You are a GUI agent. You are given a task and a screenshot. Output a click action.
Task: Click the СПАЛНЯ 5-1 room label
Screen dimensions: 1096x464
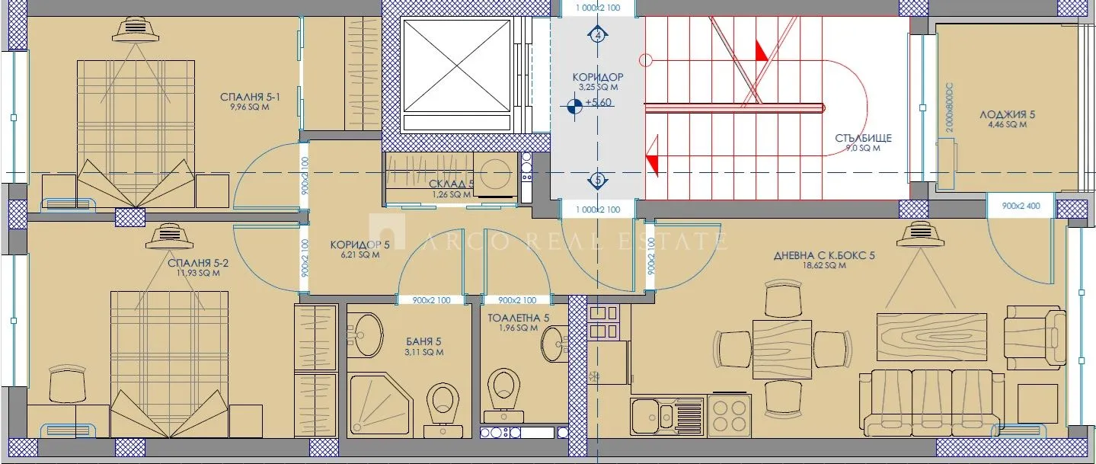[250, 97]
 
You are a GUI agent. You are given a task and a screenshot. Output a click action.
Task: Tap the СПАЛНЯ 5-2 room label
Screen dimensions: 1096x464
[198, 263]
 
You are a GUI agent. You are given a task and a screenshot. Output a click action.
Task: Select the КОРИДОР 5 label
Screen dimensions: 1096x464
[359, 245]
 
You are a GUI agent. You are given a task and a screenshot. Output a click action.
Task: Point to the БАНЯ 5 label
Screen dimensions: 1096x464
[423, 341]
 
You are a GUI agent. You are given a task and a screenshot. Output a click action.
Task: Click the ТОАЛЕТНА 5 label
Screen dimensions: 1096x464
[518, 318]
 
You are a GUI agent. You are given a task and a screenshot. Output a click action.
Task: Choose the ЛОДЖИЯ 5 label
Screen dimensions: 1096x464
[1007, 114]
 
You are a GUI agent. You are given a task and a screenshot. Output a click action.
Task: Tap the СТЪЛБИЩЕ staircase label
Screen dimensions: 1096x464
[863, 138]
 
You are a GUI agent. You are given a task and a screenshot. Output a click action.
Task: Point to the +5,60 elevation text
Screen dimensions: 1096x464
[599, 102]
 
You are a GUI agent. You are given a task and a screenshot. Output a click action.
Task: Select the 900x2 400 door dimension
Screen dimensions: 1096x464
[1021, 206]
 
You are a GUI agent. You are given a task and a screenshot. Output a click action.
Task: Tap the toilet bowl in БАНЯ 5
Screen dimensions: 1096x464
[443, 408]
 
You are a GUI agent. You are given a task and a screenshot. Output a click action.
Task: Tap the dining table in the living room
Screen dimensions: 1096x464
[782, 350]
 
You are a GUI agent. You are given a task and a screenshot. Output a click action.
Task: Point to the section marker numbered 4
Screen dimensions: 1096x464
[598, 35]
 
